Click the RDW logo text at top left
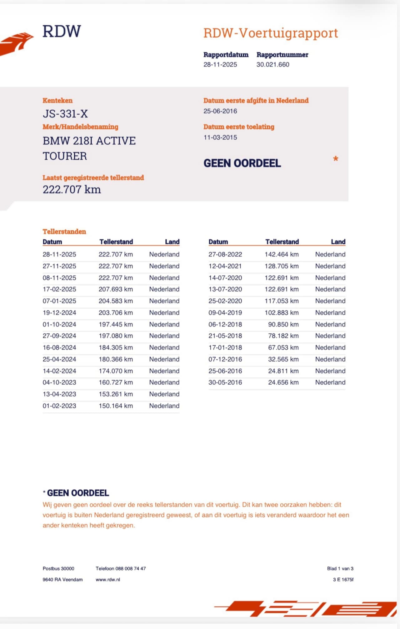click(x=62, y=31)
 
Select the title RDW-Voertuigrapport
click(x=271, y=33)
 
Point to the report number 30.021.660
click(x=273, y=65)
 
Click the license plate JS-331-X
click(x=65, y=114)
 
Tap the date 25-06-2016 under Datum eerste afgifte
click(x=220, y=111)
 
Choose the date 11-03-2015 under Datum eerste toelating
click(x=220, y=137)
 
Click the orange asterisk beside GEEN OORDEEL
click(x=336, y=159)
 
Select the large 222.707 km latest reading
click(x=72, y=190)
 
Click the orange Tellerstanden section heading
click(x=64, y=232)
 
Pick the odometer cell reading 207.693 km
click(x=116, y=289)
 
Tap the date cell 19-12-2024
click(x=59, y=313)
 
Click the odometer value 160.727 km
click(x=116, y=382)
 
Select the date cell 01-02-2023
click(x=59, y=406)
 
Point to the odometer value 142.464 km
click(x=282, y=254)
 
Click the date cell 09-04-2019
click(x=225, y=313)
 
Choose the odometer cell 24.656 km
click(x=283, y=382)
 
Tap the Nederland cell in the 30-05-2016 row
click(x=330, y=382)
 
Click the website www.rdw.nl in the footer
click(x=108, y=580)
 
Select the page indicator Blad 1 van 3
click(x=340, y=569)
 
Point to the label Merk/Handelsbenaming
click(x=81, y=127)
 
